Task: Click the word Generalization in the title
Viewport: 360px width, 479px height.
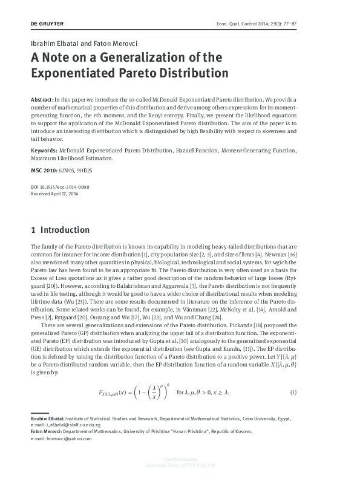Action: pyautogui.click(x=134, y=58)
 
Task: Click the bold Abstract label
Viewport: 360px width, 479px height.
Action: pyautogui.click(x=41, y=98)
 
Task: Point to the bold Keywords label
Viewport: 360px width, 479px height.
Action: pyautogui.click(x=44, y=149)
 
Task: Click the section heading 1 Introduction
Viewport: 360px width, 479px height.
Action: pyautogui.click(x=60, y=230)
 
